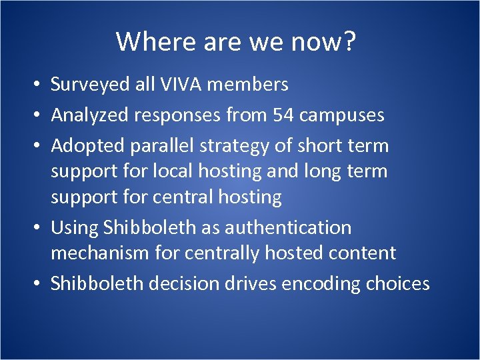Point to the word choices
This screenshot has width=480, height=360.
coord(397,283)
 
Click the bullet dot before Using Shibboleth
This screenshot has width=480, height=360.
coord(40,228)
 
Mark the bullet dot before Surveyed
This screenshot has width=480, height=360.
coord(40,85)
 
